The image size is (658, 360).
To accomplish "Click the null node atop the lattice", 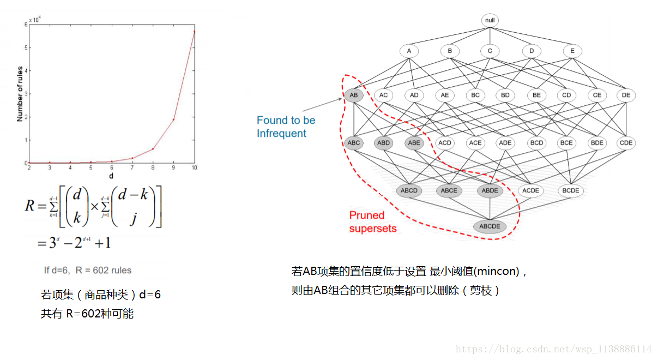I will coord(490,21).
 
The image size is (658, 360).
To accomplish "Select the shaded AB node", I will coord(354,95).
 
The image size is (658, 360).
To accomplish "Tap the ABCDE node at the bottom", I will coord(490,226).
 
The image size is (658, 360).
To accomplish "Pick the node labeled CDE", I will coord(626,143).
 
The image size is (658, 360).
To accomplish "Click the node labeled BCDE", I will coord(570,190).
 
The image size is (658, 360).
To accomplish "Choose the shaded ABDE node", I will coord(490,190).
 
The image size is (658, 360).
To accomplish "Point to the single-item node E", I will coord(572,51).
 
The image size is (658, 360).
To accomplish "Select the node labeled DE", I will coord(626,95).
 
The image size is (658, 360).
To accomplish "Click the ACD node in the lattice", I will coord(445,143).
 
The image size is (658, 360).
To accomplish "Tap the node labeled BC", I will coord(475,95).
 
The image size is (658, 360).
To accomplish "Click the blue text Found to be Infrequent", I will coord(286,127).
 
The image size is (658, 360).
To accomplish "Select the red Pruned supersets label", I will coord(372,221).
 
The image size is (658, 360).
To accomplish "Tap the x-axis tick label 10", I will coord(194,168).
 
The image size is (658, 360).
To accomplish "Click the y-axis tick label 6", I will coord(25,25).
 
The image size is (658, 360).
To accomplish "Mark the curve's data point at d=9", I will coord(173,119).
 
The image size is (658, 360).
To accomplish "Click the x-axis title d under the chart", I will coord(112,176).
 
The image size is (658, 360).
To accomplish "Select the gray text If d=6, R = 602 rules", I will coord(87,270).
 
